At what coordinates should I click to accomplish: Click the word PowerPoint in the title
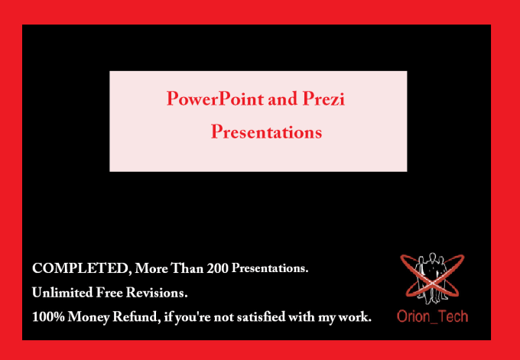click(x=215, y=99)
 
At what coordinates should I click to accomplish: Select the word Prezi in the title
click(x=323, y=99)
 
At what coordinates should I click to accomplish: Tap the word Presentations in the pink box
click(x=266, y=132)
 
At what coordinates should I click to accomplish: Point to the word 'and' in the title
click(x=283, y=99)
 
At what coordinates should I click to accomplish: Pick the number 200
click(x=217, y=268)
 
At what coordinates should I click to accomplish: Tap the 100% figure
click(x=48, y=317)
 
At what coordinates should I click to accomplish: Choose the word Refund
click(x=135, y=317)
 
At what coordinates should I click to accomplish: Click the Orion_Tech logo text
click(x=432, y=316)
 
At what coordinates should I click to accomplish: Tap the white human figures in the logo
click(x=431, y=278)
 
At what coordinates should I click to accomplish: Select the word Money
click(x=88, y=318)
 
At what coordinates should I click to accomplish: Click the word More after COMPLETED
click(x=151, y=268)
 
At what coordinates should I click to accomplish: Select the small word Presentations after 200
click(x=270, y=268)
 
